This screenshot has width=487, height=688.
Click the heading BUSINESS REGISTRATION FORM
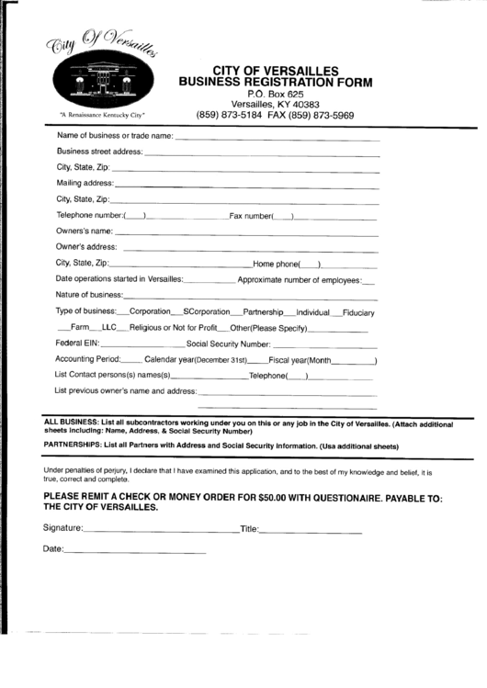click(x=276, y=83)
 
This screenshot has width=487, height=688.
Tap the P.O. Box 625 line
click(x=276, y=95)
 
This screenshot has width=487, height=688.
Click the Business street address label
click(x=99, y=151)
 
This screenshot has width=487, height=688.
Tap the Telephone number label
click(x=88, y=216)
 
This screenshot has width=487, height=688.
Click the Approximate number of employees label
click(x=299, y=279)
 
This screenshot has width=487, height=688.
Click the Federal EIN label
click(x=76, y=343)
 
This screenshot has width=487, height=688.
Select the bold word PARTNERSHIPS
click(x=73, y=445)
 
